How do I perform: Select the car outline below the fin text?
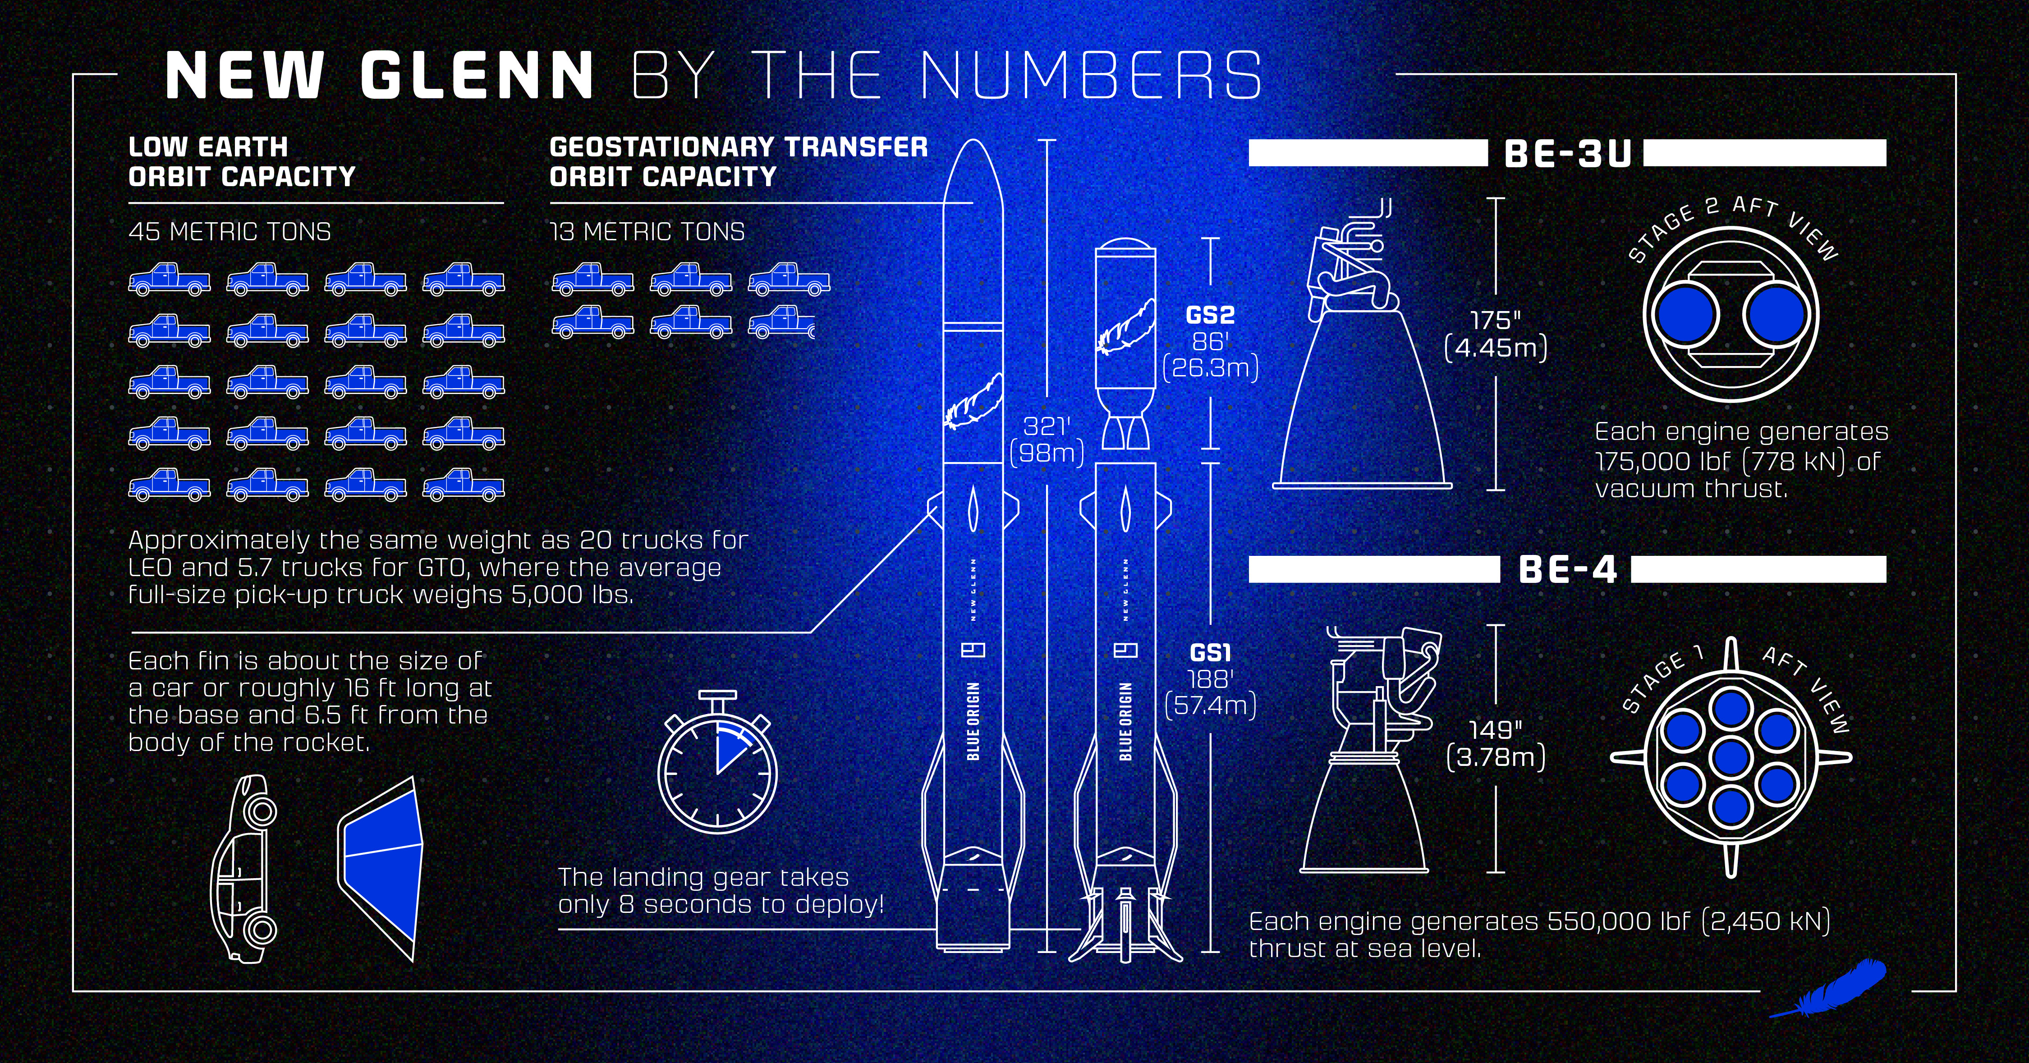tap(245, 868)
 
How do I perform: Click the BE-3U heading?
tap(1567, 154)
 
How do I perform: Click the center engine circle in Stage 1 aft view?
tap(1731, 757)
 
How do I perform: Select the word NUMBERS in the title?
tap(1091, 76)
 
